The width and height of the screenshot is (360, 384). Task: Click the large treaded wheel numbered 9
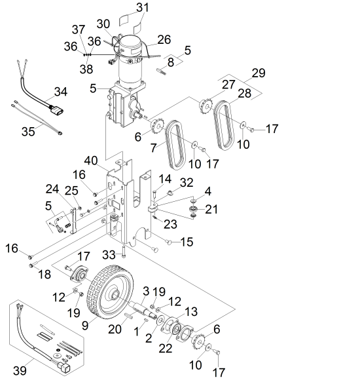[111, 294]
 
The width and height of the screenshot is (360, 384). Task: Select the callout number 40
[91, 161]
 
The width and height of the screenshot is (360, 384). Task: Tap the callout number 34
[61, 92]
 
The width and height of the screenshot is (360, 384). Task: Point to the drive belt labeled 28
[225, 125]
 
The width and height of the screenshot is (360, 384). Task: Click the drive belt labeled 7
[176, 145]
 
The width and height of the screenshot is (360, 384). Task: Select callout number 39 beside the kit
[20, 370]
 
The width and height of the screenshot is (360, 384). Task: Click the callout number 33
[109, 255]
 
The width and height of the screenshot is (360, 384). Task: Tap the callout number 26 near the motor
[164, 40]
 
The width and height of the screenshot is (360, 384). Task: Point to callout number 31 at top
[142, 8]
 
